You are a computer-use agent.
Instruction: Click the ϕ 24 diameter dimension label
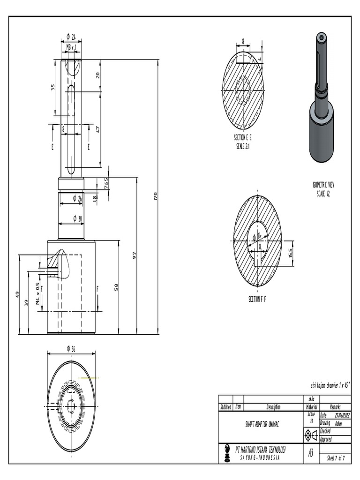[x=71, y=37]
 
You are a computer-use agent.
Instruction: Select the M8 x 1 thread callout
[x=71, y=47]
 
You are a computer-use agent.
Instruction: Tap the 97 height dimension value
[x=134, y=255]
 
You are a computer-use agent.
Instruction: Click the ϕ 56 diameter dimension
[x=71, y=348]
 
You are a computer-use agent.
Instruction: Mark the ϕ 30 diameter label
[x=77, y=219]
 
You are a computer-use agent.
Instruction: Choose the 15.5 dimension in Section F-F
[x=291, y=254]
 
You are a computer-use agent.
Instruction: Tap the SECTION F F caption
[x=257, y=299]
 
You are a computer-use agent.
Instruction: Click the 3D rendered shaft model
[x=321, y=98]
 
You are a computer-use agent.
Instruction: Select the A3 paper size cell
[x=310, y=453]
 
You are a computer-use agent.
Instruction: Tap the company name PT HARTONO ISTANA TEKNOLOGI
[x=260, y=450]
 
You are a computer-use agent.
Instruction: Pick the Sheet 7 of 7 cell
[x=335, y=458]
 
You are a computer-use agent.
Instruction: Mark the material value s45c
[x=311, y=399]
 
